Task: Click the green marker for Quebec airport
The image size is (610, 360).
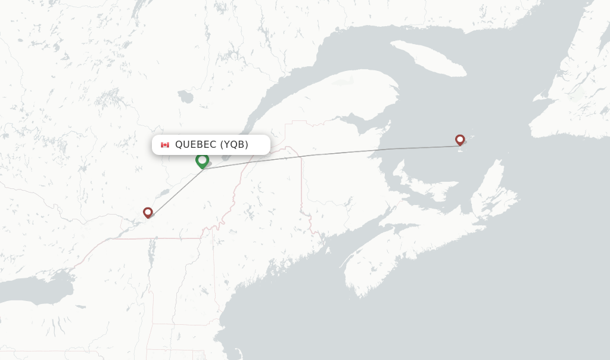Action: [x=202, y=160]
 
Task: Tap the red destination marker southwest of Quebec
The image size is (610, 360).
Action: [x=148, y=212]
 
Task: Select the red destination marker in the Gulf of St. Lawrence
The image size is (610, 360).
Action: [x=460, y=139]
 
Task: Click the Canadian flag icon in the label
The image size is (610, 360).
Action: [x=165, y=145]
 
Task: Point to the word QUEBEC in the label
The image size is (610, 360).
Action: [x=195, y=145]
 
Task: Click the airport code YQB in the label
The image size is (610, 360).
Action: [x=235, y=145]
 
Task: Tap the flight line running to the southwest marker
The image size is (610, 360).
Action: [x=176, y=191]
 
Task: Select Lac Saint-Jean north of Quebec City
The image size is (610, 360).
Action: [x=185, y=97]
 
